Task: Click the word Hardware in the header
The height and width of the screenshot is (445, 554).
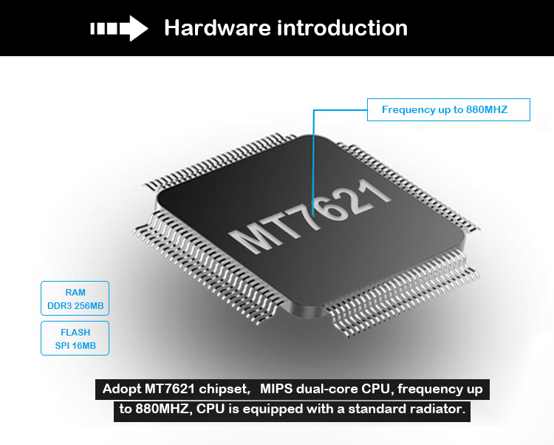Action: [x=217, y=28]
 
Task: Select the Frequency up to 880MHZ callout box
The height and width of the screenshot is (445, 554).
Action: [x=449, y=110]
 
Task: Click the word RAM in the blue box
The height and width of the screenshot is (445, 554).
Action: [x=75, y=293]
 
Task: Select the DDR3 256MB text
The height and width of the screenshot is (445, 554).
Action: [x=75, y=306]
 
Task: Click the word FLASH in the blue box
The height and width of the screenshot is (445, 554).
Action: [x=75, y=333]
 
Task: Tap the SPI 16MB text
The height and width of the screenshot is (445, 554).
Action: [x=75, y=346]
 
